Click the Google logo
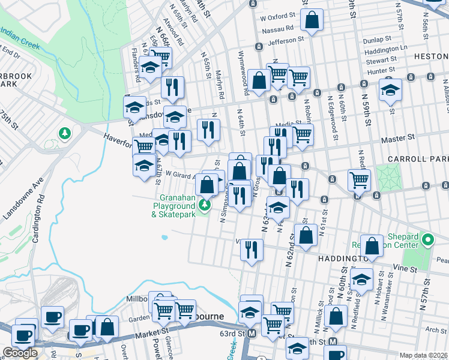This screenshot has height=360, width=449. tap(20, 353)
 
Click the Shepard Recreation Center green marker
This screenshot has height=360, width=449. tap(427, 241)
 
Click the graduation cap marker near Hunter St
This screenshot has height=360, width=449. tap(390, 92)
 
